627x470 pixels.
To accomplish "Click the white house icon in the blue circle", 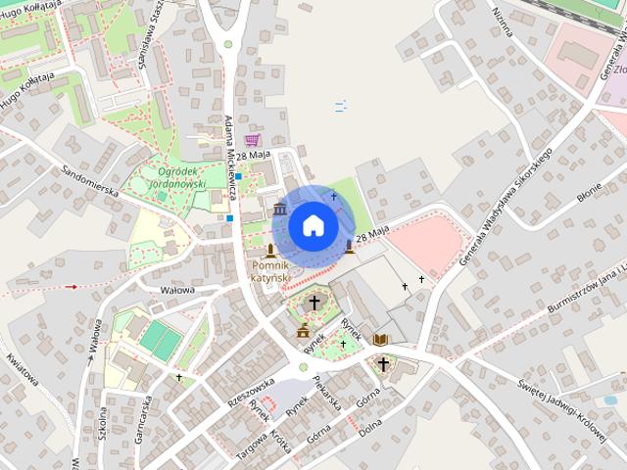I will click(x=312, y=225).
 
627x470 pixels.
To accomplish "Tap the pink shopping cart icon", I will click(x=253, y=141).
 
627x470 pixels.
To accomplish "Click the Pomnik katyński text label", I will click(x=269, y=271).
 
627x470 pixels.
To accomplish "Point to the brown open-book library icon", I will click(x=380, y=340).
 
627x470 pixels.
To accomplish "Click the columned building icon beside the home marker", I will click(x=280, y=210).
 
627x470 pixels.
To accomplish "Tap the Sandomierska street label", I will click(x=89, y=176).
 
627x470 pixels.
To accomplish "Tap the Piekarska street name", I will click(x=326, y=390).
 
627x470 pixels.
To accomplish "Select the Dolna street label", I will click(x=369, y=428).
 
